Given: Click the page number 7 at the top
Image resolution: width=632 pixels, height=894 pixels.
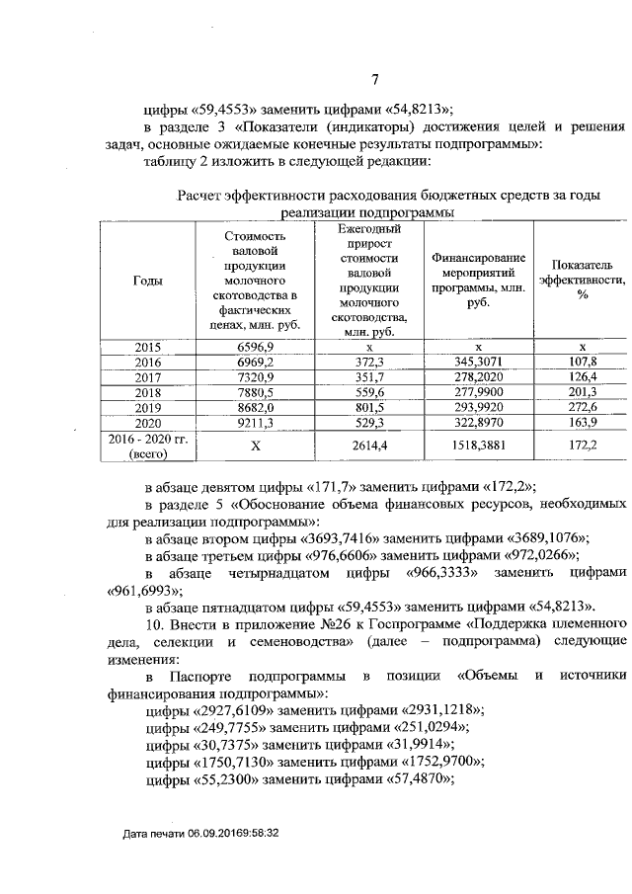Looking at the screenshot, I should click(374, 80).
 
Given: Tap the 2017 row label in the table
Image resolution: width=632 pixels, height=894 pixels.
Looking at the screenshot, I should click(147, 378).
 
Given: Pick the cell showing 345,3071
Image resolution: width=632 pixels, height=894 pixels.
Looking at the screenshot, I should click(477, 363).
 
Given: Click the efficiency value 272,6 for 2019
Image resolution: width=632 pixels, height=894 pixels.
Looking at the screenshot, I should click(582, 408).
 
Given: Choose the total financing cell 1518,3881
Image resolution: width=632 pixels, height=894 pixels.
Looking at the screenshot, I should click(477, 446).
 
